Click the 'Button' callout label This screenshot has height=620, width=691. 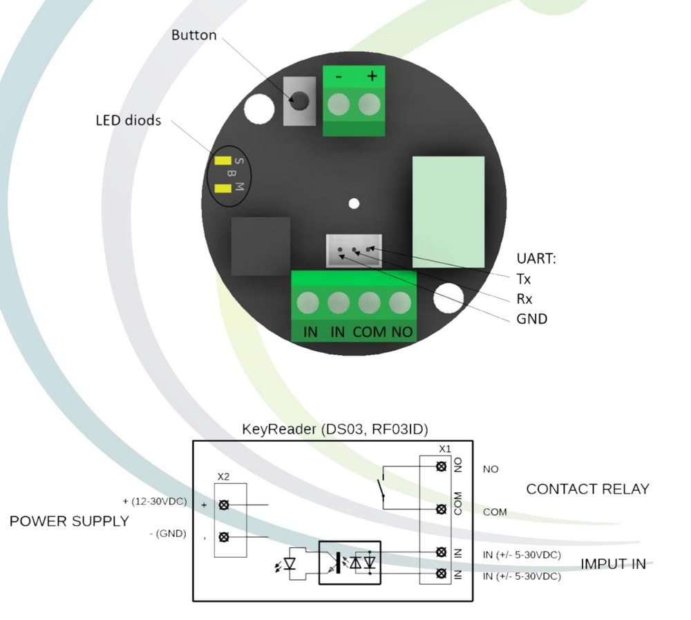(x=193, y=35)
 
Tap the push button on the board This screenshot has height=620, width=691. (x=300, y=101)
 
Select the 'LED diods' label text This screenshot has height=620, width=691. (x=128, y=121)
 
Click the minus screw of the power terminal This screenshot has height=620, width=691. (x=339, y=105)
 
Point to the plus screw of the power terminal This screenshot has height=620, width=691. (x=370, y=105)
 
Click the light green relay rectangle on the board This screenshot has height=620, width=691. (x=448, y=208)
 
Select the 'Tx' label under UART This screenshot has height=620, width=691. (x=524, y=279)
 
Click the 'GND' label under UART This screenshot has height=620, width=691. (x=531, y=319)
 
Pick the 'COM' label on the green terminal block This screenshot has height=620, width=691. (x=370, y=332)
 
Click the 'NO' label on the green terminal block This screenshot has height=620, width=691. (x=401, y=332)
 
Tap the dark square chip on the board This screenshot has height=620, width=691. (x=261, y=246)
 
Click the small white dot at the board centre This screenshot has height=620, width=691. (x=354, y=204)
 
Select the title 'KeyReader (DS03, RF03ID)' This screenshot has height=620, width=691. (x=334, y=429)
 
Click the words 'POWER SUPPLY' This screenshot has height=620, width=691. (x=69, y=521)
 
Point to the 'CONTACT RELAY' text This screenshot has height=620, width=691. (x=587, y=489)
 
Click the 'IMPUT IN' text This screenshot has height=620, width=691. (x=613, y=564)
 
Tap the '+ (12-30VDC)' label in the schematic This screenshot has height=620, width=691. (x=154, y=501)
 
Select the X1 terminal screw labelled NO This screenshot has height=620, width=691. (x=441, y=467)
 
